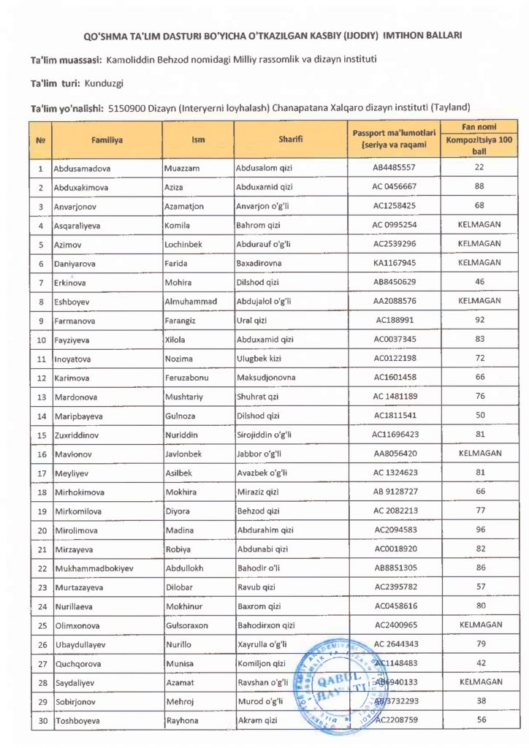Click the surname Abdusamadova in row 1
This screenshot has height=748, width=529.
point(83,168)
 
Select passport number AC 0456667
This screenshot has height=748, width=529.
point(395,187)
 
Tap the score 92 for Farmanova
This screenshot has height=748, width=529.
point(479,320)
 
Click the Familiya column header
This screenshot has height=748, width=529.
point(107,139)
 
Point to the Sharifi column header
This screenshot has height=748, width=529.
point(290,139)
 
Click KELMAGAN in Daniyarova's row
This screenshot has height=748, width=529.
point(479,263)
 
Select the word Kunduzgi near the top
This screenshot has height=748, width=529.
point(104,84)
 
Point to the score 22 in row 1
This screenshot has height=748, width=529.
point(479,168)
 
